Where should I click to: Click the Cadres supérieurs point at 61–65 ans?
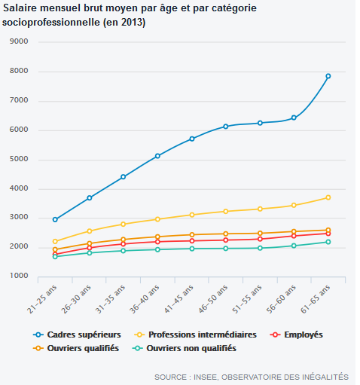point(328,76)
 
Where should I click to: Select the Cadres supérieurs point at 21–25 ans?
point(55,219)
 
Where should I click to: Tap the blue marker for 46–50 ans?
point(226,127)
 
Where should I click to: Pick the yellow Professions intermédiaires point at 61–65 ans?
point(328,197)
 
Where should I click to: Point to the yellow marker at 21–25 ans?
point(55,241)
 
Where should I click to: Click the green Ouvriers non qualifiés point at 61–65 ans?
point(328,242)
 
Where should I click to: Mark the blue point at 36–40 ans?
point(157,156)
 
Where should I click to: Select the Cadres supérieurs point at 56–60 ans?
point(294,118)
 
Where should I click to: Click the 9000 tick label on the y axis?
point(19,41)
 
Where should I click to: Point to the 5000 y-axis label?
point(19,159)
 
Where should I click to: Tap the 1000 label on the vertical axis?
point(19,276)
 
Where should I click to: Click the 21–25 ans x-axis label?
point(42,299)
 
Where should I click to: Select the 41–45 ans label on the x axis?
point(178,299)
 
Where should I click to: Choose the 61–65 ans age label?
point(316,299)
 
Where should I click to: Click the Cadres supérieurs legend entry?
point(77,335)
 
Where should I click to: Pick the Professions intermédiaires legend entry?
point(195,335)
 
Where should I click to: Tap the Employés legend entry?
point(296,335)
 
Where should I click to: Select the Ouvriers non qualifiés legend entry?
point(185,348)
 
